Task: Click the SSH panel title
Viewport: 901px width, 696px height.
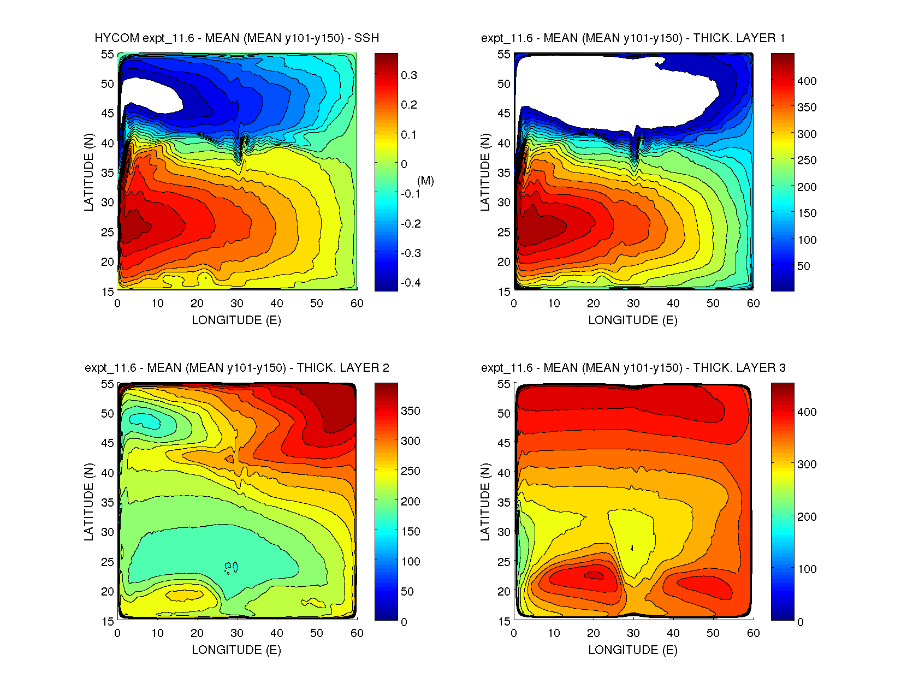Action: [x=236, y=38]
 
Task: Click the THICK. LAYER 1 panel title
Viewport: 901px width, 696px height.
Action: [x=633, y=38]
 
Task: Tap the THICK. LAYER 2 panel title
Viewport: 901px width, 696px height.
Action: [x=236, y=368]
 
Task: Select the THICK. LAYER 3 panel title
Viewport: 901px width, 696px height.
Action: [x=633, y=368]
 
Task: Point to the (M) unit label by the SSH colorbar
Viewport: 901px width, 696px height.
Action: [x=425, y=181]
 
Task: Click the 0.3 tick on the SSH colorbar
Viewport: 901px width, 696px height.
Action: [x=408, y=75]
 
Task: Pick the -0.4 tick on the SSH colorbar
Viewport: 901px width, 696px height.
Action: [x=410, y=283]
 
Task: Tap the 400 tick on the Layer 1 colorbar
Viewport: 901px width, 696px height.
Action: [x=807, y=81]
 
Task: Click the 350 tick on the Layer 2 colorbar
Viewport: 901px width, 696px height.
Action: [x=410, y=411]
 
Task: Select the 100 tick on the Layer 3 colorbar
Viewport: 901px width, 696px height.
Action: [x=807, y=569]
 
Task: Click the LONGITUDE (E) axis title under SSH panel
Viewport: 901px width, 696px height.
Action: [x=236, y=320]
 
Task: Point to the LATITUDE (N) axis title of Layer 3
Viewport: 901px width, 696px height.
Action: [x=485, y=502]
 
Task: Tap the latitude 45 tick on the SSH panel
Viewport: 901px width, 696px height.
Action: [x=108, y=114]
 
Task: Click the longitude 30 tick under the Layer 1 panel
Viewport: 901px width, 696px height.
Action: [x=633, y=304]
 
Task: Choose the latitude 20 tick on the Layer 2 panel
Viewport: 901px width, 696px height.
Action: [x=108, y=592]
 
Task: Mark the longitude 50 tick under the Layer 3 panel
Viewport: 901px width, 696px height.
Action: [x=713, y=633]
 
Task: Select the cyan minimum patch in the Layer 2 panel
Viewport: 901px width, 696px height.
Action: [x=143, y=420]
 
